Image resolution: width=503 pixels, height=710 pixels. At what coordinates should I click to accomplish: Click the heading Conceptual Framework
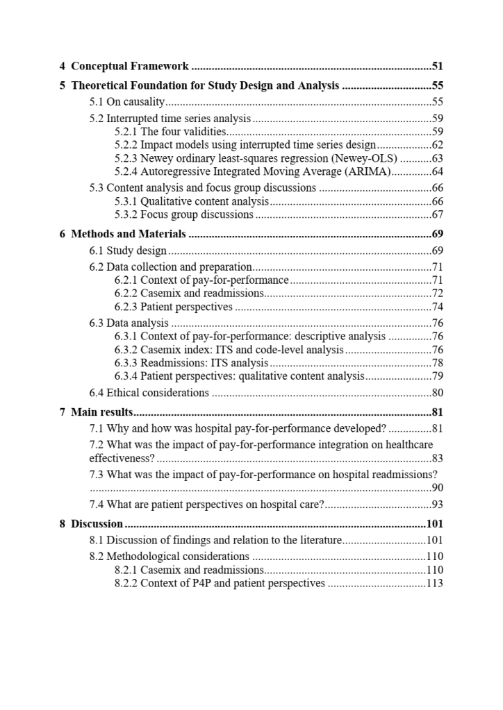pyautogui.click(x=130, y=67)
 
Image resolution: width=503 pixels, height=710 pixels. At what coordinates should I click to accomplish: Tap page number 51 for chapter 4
pyautogui.click(x=437, y=67)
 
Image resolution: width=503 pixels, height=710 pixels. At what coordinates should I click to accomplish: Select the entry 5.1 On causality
pyautogui.click(x=127, y=102)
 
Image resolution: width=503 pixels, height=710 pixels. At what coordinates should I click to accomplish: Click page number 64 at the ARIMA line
pyautogui.click(x=437, y=171)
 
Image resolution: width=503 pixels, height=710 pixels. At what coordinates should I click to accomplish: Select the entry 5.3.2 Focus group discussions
pyautogui.click(x=184, y=214)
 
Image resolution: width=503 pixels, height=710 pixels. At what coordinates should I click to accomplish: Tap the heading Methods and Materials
pyautogui.click(x=129, y=234)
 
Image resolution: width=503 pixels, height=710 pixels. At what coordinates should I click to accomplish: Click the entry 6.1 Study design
pyautogui.click(x=128, y=251)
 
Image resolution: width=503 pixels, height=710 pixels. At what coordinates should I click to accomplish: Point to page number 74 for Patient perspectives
pyautogui.click(x=437, y=307)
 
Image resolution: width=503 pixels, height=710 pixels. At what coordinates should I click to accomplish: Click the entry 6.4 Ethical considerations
pyautogui.click(x=149, y=393)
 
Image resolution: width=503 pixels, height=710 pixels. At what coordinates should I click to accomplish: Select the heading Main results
pyautogui.click(x=102, y=412)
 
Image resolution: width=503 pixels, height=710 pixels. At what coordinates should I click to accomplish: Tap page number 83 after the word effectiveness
pyautogui.click(x=437, y=458)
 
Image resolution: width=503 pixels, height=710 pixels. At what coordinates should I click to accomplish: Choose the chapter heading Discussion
pyautogui.click(x=97, y=524)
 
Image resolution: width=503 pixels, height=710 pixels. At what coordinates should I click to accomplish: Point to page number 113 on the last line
pyautogui.click(x=435, y=583)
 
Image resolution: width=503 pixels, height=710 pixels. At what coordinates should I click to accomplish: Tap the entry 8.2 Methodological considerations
pyautogui.click(x=170, y=556)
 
